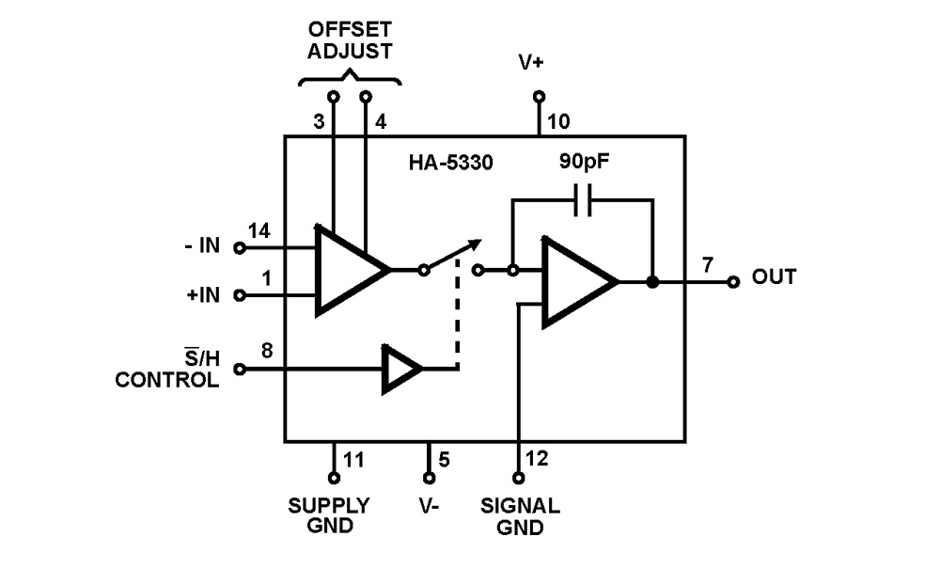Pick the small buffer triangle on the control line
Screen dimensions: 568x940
[400, 369]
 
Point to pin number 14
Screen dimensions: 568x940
[258, 230]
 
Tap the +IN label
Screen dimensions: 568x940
[202, 295]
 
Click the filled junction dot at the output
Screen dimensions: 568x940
[651, 281]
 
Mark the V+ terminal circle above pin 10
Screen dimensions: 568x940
[539, 96]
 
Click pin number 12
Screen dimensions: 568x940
[538, 459]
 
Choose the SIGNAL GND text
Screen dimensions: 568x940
[519, 516]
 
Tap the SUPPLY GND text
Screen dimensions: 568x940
[329, 515]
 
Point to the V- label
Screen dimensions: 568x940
[430, 506]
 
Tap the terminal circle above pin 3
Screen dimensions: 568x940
[333, 96]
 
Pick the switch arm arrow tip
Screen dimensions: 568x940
[478, 243]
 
